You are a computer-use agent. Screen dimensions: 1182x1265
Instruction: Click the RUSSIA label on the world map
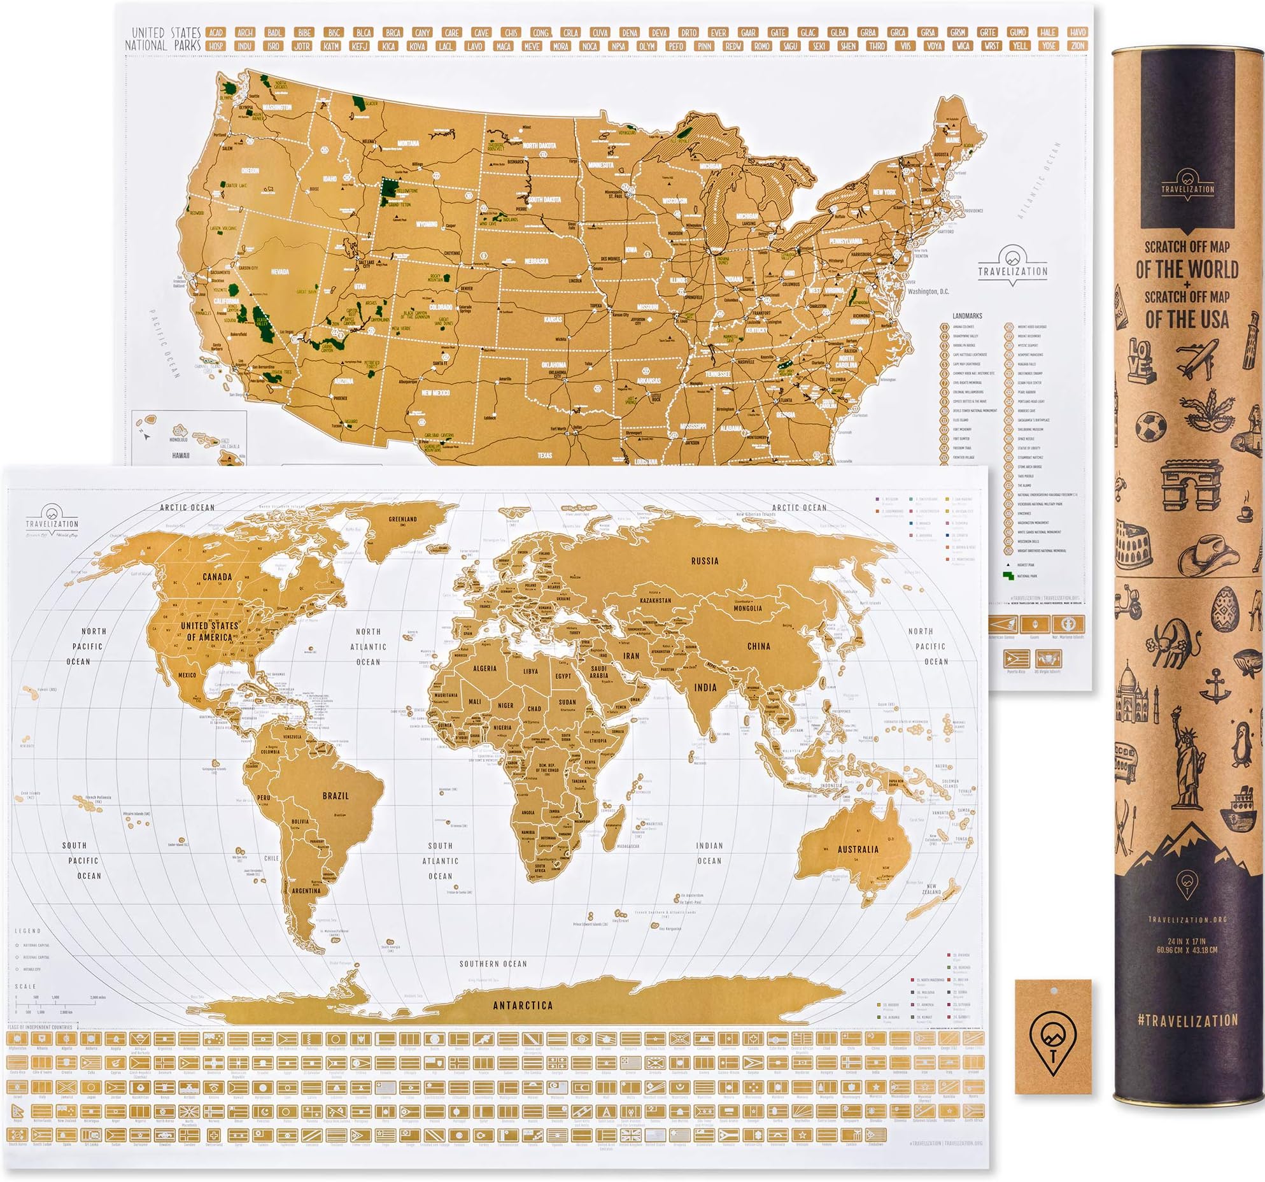click(x=704, y=561)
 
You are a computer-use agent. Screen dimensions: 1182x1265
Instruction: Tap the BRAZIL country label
click(x=336, y=796)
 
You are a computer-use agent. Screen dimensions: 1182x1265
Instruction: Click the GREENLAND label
click(x=402, y=520)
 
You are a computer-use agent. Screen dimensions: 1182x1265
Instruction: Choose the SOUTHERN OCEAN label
click(x=493, y=964)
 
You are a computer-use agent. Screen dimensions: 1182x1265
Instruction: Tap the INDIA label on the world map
click(x=705, y=687)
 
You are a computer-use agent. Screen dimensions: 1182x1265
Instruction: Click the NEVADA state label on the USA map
click(x=280, y=272)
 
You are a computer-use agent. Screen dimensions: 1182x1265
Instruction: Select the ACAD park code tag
click(x=216, y=32)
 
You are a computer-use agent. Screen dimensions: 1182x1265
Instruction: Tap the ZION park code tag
click(x=1078, y=46)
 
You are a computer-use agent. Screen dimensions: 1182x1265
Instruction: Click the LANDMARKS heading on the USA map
click(x=967, y=316)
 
